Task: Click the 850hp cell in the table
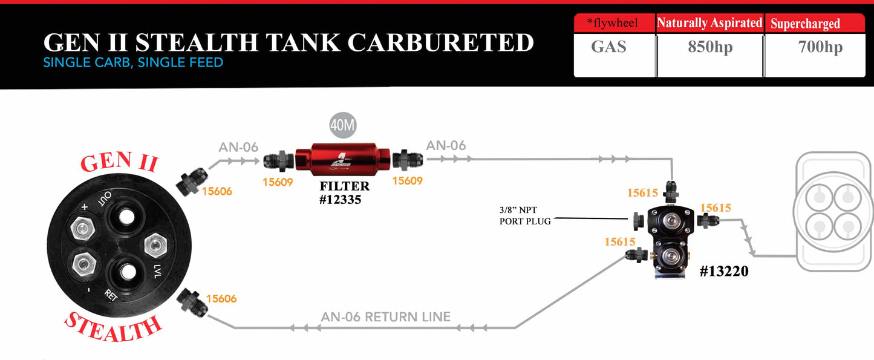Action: (710, 47)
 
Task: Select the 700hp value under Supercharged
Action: (820, 47)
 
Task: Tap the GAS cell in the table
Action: (608, 47)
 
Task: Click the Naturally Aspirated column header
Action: (709, 23)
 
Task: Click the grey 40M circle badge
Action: (342, 126)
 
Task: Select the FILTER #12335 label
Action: (344, 192)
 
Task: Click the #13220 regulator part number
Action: (724, 272)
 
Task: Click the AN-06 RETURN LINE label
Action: (386, 316)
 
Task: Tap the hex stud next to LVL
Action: (155, 246)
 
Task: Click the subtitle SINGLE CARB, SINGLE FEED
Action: (133, 62)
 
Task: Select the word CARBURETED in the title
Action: (442, 42)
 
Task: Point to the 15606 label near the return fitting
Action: (221, 298)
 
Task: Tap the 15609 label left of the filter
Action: (278, 181)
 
